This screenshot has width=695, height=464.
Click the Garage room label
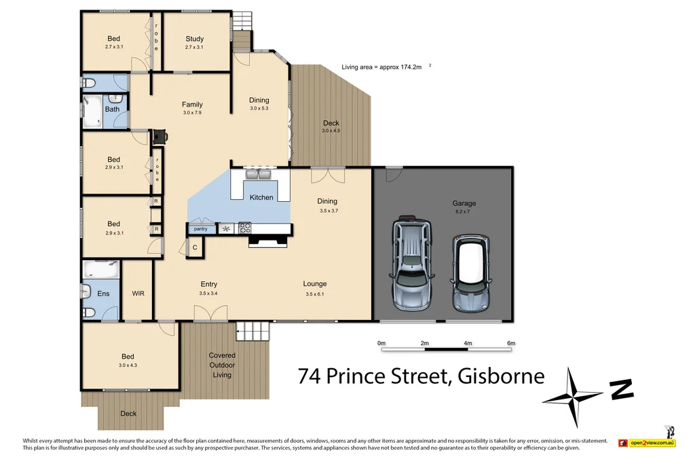(464, 203)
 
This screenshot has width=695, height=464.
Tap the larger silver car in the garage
(411, 261)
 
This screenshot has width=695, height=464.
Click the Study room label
(194, 39)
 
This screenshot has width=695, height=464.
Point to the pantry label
(200, 229)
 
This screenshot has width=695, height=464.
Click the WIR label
(137, 293)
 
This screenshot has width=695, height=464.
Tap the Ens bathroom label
(103, 293)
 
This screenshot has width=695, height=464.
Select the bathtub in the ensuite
(101, 271)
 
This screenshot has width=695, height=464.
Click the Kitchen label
(261, 198)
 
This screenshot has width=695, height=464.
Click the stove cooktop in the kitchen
(244, 228)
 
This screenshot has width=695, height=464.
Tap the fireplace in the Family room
(160, 136)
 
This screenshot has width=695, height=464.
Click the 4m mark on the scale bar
(468, 343)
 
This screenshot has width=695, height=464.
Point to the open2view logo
(648, 442)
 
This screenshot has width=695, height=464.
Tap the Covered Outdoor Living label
(222, 365)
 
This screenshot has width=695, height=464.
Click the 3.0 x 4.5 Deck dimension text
(331, 131)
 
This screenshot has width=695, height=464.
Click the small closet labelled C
(194, 248)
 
